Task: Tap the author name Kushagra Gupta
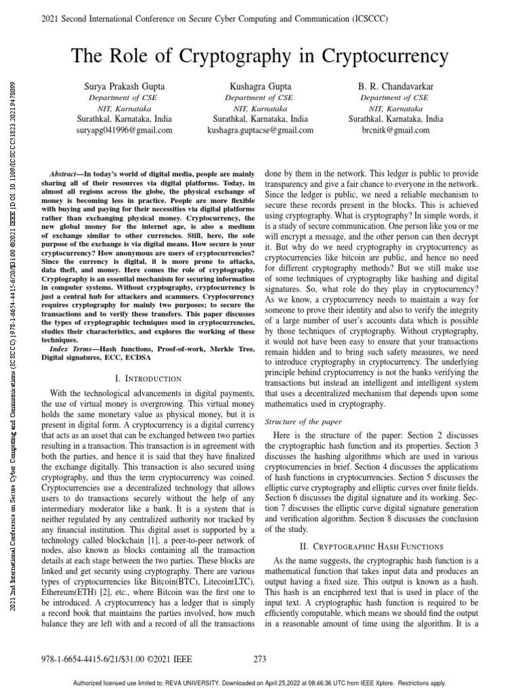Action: [x=259, y=87]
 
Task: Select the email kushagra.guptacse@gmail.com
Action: [x=259, y=129]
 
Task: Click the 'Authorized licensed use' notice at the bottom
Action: [x=259, y=683]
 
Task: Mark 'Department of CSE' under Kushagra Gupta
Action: [x=259, y=97]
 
